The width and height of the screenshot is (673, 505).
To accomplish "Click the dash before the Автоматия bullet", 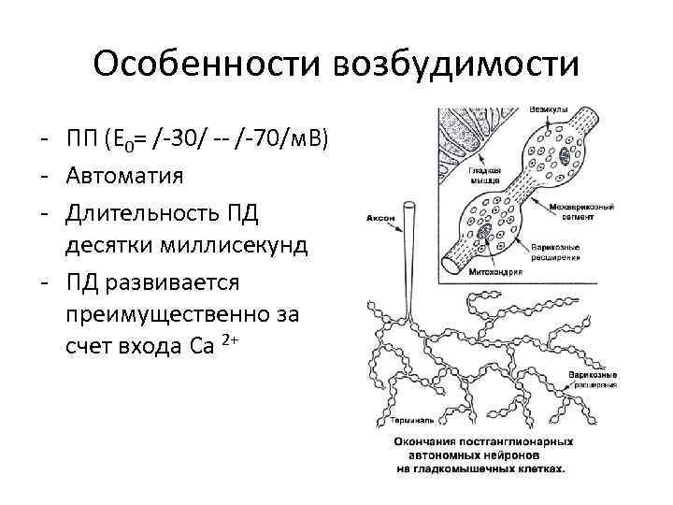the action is click(46, 175).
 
